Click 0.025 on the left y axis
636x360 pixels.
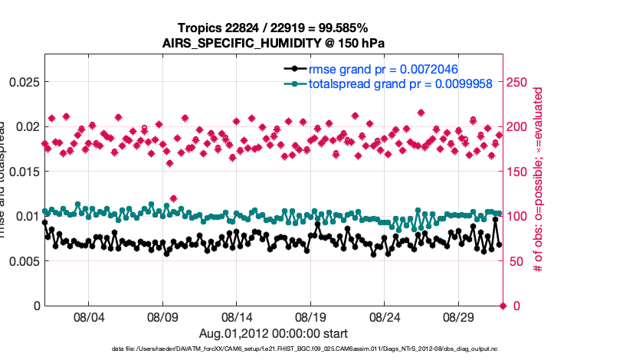pos(22,82)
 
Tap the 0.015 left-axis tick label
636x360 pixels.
pos(22,172)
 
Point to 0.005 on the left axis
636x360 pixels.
pos(22,261)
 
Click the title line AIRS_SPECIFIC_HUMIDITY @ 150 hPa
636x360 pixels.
pos(273,43)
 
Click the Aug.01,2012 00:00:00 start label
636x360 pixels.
pos(273,333)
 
